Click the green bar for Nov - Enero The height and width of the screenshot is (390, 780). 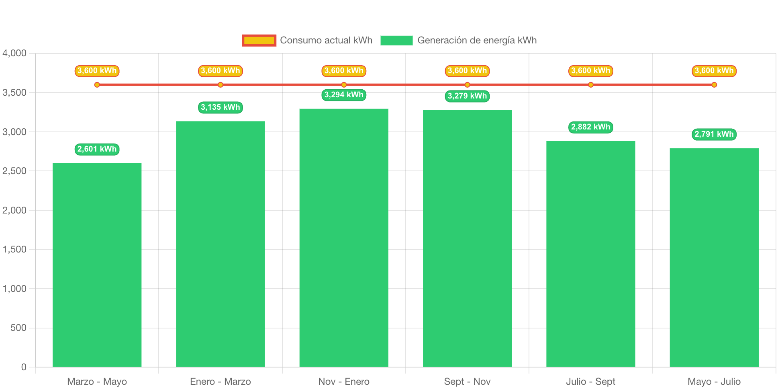tap(344, 238)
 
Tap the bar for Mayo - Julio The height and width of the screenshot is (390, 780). tap(714, 257)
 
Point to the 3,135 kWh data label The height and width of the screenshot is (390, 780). tap(220, 107)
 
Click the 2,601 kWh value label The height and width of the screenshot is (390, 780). tap(97, 149)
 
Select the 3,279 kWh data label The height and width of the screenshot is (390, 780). tap(467, 96)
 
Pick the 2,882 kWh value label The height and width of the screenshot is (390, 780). tap(590, 127)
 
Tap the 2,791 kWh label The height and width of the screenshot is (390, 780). tap(714, 134)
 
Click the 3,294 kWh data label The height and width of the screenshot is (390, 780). tap(344, 95)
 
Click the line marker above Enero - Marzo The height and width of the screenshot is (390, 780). tap(220, 85)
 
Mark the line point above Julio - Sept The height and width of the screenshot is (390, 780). tap(590, 85)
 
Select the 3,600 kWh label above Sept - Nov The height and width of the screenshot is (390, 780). tap(467, 71)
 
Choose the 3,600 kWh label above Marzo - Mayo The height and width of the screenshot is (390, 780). tap(97, 71)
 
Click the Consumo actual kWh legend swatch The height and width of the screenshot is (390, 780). tap(259, 40)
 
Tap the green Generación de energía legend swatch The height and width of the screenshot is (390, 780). tap(396, 40)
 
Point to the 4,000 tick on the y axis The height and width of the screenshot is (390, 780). tap(14, 53)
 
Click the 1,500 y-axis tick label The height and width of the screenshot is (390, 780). tap(14, 249)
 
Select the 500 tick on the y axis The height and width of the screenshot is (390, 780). tap(18, 328)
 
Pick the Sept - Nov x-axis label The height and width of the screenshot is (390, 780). tap(467, 382)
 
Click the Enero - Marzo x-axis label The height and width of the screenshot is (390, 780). tap(220, 382)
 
